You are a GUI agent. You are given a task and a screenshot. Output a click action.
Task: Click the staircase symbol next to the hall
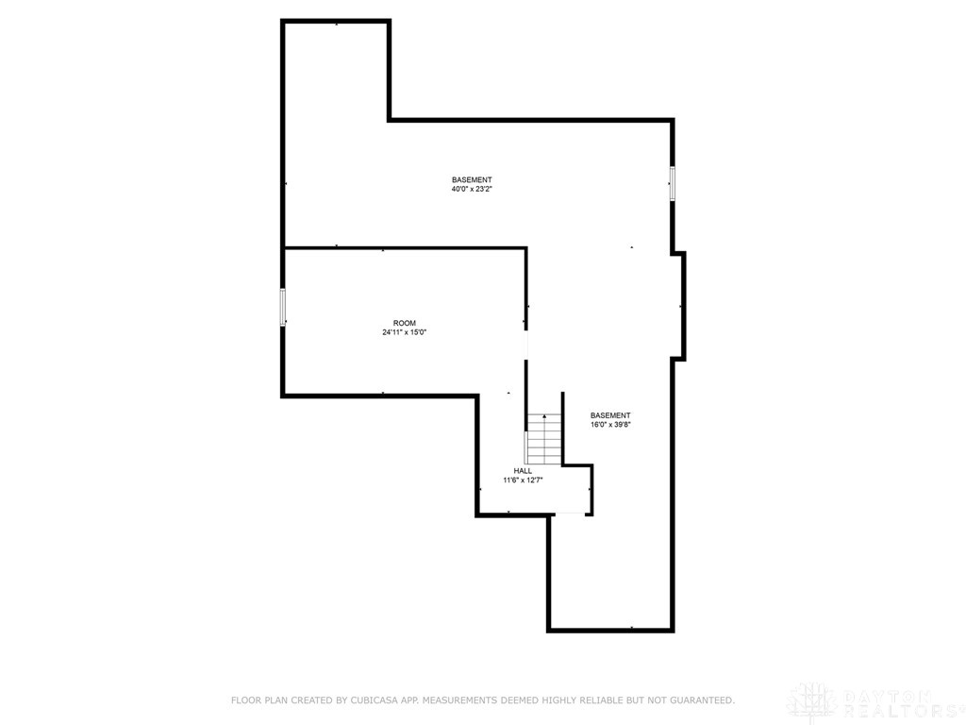pyautogui.click(x=544, y=440)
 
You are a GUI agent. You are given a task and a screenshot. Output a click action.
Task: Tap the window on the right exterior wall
pyautogui.click(x=673, y=182)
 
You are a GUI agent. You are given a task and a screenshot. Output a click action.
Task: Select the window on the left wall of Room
pyautogui.click(x=282, y=308)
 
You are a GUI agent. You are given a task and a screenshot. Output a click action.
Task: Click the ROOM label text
pyautogui.click(x=405, y=323)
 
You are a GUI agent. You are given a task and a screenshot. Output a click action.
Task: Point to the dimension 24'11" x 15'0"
pyautogui.click(x=405, y=332)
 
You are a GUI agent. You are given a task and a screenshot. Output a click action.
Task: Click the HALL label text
pyautogui.click(x=523, y=470)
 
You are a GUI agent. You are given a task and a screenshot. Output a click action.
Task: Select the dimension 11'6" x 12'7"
pyautogui.click(x=523, y=481)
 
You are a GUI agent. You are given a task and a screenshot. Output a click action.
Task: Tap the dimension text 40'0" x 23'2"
pyautogui.click(x=472, y=189)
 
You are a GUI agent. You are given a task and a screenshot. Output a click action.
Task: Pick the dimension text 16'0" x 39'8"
pyautogui.click(x=610, y=425)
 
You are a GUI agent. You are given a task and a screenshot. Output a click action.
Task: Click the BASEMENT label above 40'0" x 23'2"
pyautogui.click(x=472, y=179)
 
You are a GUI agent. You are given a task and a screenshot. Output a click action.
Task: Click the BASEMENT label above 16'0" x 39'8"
pyautogui.click(x=610, y=415)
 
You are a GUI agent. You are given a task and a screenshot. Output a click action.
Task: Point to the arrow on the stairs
pyautogui.click(x=544, y=417)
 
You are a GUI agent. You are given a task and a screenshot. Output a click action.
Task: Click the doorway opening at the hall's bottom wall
pyautogui.click(x=571, y=514)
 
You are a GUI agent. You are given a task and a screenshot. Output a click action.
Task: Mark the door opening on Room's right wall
pyautogui.click(x=526, y=345)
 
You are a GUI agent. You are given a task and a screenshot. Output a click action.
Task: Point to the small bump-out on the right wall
pyautogui.click(x=679, y=305)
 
